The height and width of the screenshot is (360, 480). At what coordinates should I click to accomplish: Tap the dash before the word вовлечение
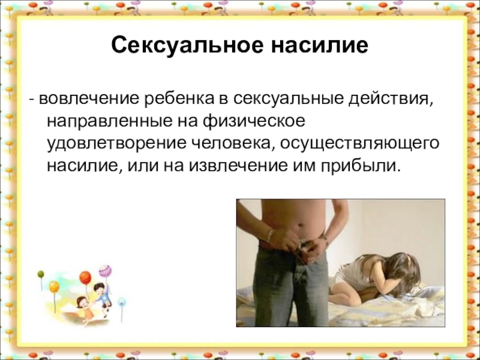pyautogui.click(x=32, y=98)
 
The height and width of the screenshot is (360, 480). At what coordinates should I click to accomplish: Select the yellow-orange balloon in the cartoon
pyautogui.click(x=54, y=287)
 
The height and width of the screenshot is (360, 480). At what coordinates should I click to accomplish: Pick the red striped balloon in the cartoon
pyautogui.click(x=85, y=278)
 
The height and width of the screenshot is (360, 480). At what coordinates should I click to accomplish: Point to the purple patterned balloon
pyautogui.click(x=104, y=271)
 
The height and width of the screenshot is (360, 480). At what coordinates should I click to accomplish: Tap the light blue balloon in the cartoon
pyautogui.click(x=121, y=302)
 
